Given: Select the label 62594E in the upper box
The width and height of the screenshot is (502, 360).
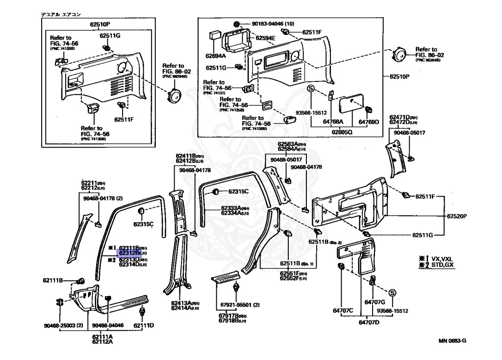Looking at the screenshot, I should click(x=265, y=38).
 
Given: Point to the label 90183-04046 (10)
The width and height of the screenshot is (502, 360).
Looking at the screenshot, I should click(x=273, y=24).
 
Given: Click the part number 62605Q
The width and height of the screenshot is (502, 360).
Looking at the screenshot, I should click(x=342, y=131).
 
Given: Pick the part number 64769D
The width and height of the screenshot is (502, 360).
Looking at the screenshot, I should click(x=369, y=122).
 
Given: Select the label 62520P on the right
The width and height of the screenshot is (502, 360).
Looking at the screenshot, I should click(x=456, y=216).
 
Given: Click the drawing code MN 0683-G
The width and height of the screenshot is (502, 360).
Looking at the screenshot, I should click(x=452, y=340).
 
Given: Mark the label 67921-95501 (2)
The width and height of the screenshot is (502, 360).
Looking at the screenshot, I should click(x=240, y=305).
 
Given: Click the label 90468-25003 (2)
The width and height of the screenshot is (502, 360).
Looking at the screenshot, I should click(x=63, y=325).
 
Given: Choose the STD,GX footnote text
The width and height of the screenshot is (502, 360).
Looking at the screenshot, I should click(x=442, y=265).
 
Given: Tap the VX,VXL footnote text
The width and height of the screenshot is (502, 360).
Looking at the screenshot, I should click(x=442, y=258).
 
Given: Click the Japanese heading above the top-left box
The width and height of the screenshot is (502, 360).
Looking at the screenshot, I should click(x=61, y=15).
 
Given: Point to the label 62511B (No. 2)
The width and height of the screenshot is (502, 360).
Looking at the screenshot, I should click(x=325, y=242).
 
